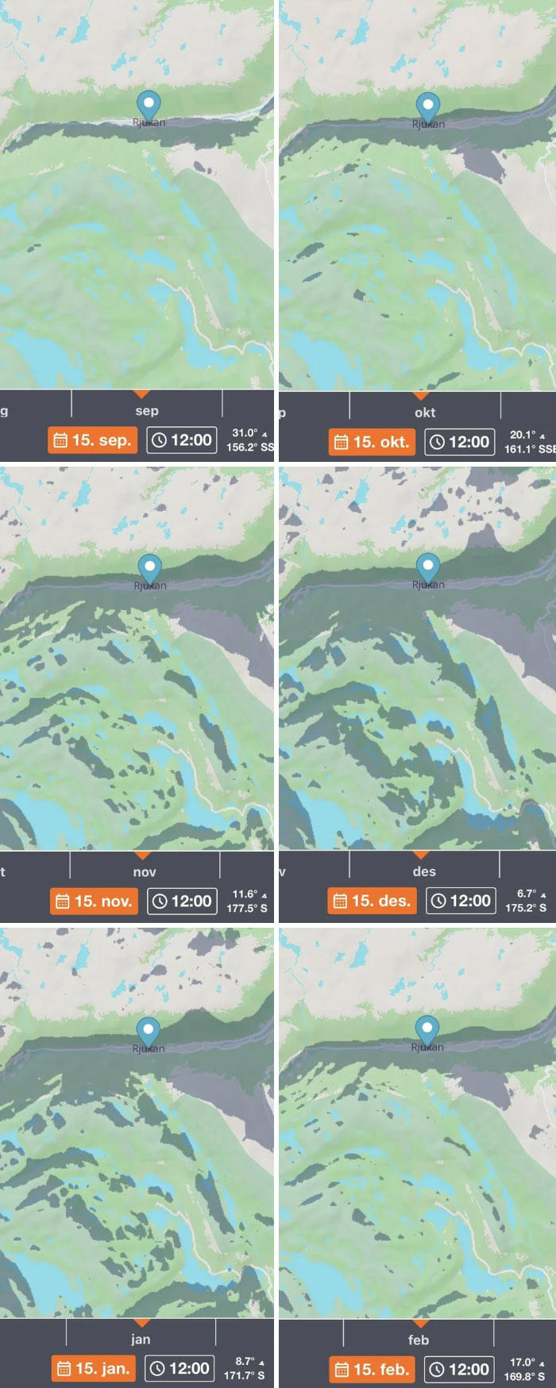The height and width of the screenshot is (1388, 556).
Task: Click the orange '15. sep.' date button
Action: click(92, 440)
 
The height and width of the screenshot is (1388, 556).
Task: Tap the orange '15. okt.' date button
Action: click(372, 442)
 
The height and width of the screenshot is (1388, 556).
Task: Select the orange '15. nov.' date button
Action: click(94, 902)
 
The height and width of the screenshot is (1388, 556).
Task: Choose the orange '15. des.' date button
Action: click(372, 901)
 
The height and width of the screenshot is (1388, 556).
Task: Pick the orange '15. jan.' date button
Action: click(94, 1368)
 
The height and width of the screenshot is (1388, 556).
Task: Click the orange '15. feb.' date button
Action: click(372, 1369)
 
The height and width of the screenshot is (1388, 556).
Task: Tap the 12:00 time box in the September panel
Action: click(182, 440)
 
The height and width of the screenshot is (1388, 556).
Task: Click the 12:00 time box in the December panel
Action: click(461, 901)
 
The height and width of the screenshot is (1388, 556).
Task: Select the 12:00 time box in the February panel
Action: click(460, 1369)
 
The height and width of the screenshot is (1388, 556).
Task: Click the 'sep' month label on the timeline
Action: click(147, 411)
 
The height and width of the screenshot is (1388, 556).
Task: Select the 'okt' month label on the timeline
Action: click(425, 413)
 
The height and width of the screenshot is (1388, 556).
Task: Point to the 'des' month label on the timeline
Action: click(424, 871)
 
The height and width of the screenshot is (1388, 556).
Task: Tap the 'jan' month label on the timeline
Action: click(141, 1340)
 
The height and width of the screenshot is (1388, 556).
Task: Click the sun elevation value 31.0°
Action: click(245, 433)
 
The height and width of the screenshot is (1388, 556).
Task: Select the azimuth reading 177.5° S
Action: click(247, 908)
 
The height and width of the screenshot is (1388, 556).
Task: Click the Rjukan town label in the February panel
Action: click(427, 1048)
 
